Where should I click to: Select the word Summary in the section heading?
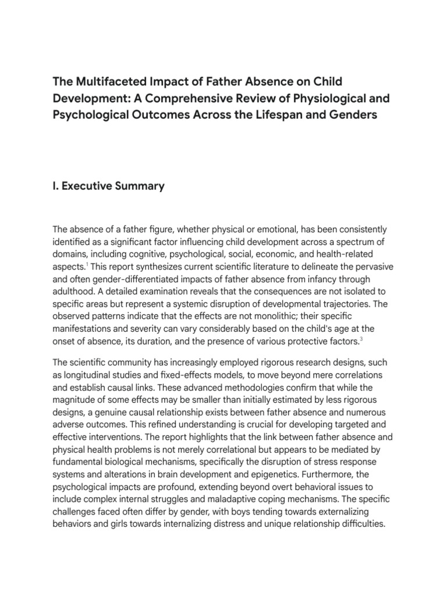pyautogui.click(x=141, y=186)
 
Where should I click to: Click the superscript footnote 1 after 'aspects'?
pyautogui.click(x=87, y=264)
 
